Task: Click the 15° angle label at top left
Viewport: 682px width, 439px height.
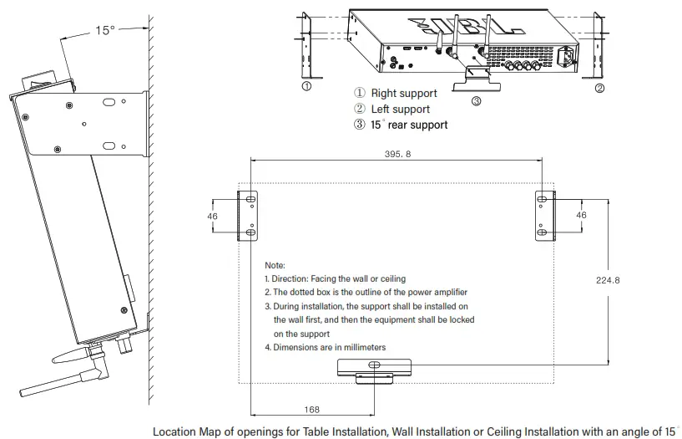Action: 104,30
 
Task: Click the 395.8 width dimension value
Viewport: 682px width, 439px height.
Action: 397,154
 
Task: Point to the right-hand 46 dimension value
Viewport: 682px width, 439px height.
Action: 581,215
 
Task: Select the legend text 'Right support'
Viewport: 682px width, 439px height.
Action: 404,94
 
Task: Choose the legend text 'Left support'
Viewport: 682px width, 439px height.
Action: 400,109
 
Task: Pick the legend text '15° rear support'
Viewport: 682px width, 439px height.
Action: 409,125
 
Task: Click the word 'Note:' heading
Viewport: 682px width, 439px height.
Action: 275,265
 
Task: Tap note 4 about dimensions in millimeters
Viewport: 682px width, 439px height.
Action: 325,347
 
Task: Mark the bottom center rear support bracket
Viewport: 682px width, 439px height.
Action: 374,369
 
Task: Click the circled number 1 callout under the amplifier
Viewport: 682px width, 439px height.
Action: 306,86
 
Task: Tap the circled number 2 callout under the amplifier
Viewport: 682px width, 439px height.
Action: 599,87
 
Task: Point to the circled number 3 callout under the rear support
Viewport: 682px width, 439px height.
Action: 476,102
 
